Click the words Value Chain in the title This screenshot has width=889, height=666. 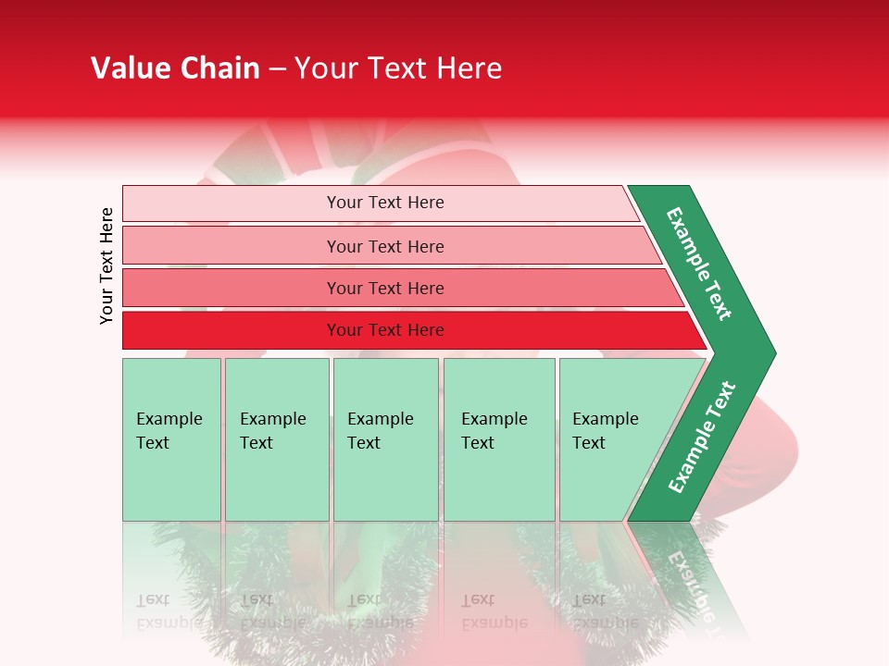tap(175, 68)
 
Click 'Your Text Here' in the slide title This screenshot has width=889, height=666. tap(398, 68)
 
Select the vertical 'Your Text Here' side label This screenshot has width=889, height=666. tap(107, 265)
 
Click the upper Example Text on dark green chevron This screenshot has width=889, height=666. tap(699, 264)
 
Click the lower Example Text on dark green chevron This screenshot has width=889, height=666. tap(702, 438)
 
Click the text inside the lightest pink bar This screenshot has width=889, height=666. tap(385, 203)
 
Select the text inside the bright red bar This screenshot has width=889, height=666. tap(385, 330)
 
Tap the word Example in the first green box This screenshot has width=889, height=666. tap(169, 419)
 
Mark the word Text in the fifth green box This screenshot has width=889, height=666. tap(589, 443)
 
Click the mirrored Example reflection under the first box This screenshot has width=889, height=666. tap(169, 623)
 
